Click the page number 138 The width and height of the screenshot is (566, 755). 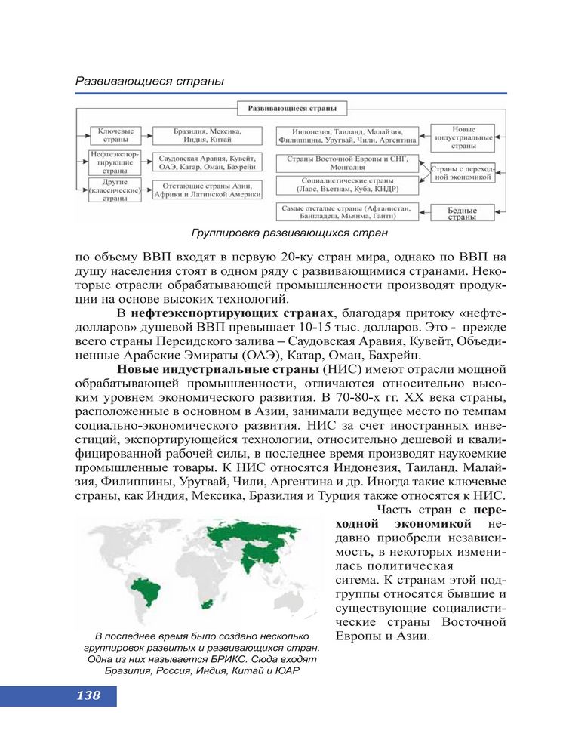point(88,696)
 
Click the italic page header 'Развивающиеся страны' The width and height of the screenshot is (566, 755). point(149,80)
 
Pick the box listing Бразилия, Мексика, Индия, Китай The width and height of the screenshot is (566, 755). point(207,135)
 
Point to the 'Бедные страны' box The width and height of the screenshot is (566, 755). point(461,213)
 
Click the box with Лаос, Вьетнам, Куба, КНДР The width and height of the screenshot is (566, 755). point(347,186)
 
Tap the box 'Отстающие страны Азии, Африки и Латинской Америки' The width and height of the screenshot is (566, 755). point(207,189)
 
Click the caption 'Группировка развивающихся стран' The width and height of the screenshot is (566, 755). point(290,233)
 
